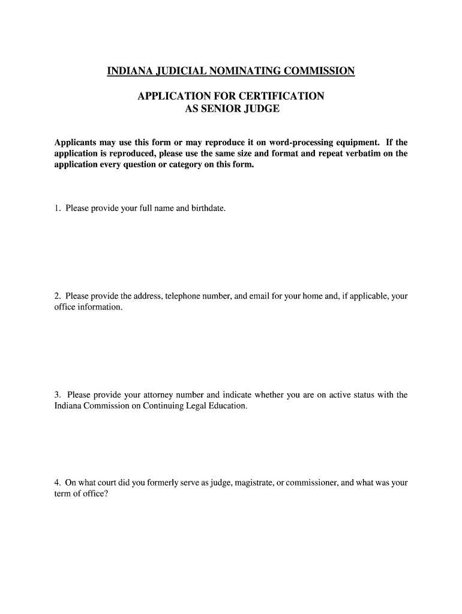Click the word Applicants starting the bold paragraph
click(76, 143)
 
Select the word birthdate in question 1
click(208, 209)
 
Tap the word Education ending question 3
click(227, 405)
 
